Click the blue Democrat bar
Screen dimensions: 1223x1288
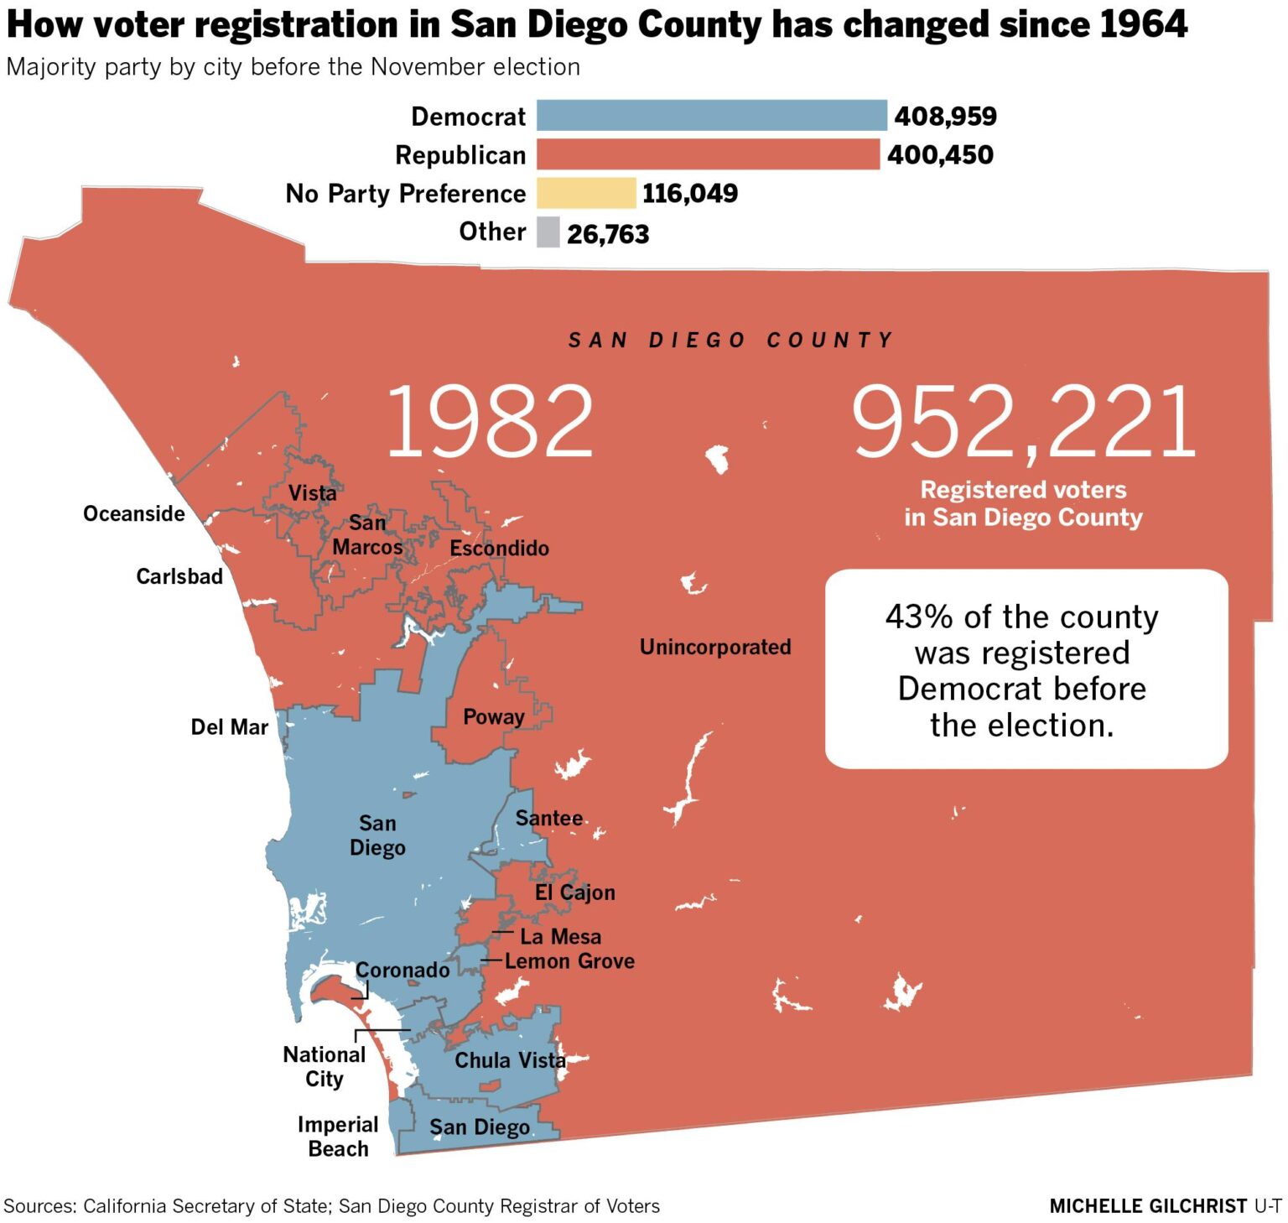711,116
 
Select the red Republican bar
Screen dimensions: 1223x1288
708,154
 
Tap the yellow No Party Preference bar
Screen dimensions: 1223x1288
585,193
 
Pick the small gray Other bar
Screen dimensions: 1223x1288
548,232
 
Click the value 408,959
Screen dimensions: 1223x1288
945,116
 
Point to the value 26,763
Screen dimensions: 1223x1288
608,234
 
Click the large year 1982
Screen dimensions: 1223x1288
490,421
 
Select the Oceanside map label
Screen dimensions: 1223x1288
134,513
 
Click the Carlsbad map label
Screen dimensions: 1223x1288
179,576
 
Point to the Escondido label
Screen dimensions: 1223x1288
499,548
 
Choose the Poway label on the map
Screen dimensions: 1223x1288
493,717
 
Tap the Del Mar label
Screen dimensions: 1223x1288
229,726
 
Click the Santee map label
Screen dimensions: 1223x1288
548,818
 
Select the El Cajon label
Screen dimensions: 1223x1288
574,893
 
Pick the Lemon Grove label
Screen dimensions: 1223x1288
569,960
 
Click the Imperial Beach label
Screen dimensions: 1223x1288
338,1136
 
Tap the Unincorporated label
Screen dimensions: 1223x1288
715,647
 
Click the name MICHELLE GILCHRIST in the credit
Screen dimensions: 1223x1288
1148,1206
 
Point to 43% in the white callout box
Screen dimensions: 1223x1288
919,617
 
